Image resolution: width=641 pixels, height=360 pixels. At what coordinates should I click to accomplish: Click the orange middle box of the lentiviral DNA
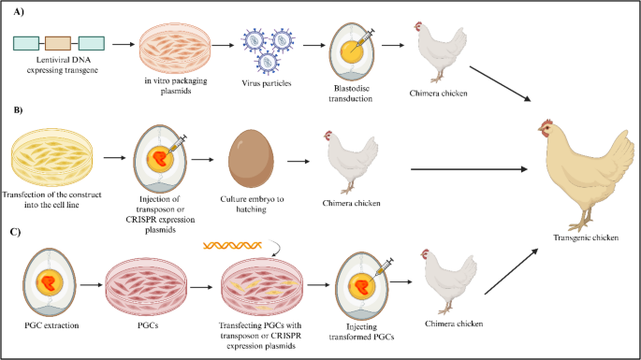pyautogui.click(x=58, y=43)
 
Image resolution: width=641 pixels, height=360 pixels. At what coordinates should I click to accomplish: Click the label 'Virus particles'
pyautogui.click(x=271, y=83)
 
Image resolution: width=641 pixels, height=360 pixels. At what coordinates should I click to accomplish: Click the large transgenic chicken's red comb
pyautogui.click(x=546, y=122)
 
